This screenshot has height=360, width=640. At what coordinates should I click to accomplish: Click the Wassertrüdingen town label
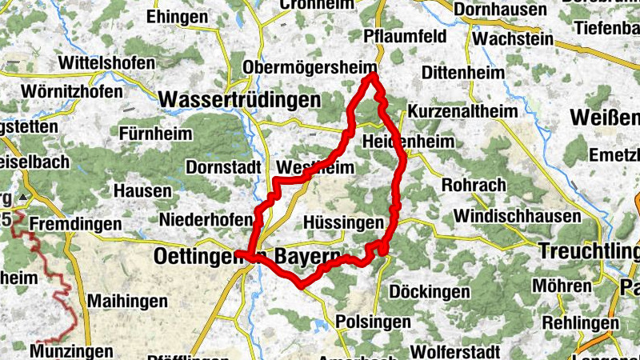tap(239, 100)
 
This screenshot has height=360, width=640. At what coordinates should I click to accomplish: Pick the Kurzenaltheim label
tap(462, 111)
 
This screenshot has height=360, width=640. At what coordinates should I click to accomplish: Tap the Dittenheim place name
tap(463, 73)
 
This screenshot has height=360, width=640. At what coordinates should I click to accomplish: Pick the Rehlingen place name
tap(579, 322)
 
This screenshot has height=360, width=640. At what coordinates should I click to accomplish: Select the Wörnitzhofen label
tap(73, 91)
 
